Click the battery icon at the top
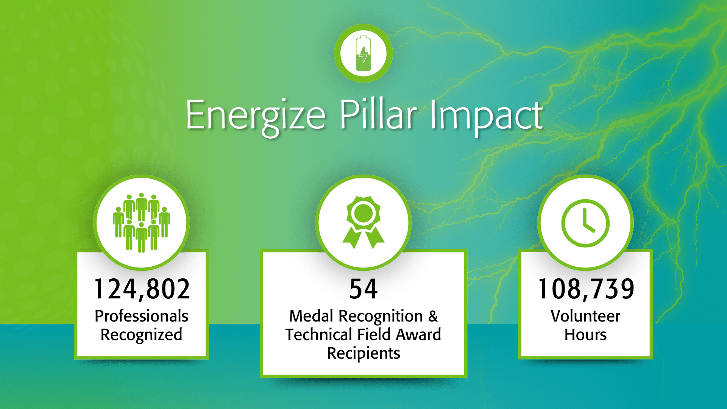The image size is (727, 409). click(363, 53)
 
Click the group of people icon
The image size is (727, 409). click(141, 222)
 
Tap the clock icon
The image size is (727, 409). click(585, 223)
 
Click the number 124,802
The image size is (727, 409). click(142, 289)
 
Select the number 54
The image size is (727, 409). click(363, 289)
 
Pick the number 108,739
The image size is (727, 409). click(586, 289)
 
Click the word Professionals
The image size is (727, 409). click(142, 316)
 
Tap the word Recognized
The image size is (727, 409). click(141, 335)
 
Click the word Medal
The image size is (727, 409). click(311, 316)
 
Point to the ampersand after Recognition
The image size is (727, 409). click(433, 316)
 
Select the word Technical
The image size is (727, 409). click(319, 334)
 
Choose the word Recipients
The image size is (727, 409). click(363, 354)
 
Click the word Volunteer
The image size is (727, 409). click(585, 316)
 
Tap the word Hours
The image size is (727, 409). click(585, 334)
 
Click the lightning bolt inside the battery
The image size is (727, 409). click(363, 55)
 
